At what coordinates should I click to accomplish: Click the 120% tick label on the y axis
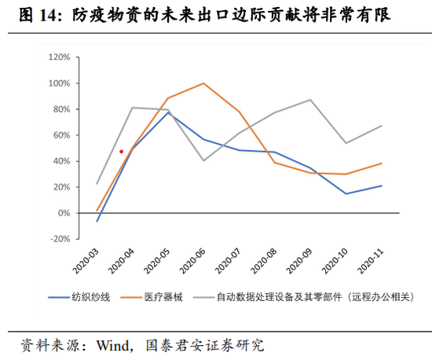pos(59,57)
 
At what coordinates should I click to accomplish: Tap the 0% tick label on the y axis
pos(64,213)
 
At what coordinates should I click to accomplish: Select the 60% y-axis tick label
pos(60,135)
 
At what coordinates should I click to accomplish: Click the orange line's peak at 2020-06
pos(204,83)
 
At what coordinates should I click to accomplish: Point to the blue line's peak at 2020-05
pos(168,112)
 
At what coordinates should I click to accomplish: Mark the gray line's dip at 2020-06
pos(204,160)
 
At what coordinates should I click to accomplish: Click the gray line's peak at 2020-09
pos(311,100)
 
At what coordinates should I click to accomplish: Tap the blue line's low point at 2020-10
pos(346,193)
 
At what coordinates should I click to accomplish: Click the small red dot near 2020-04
pos(121,152)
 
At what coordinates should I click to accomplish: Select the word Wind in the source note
pos(113,344)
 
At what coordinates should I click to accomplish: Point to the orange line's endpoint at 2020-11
pos(382,163)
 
